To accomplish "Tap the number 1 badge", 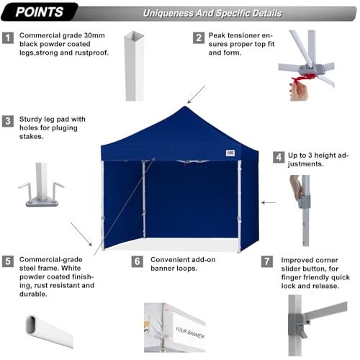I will [x=8, y=37].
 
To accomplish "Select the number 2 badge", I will [x=197, y=37].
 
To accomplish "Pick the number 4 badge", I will [x=277, y=156].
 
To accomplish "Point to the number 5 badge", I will [x=8, y=261].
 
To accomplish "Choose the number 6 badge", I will [x=137, y=261].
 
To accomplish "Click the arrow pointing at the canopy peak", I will [x=195, y=94].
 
